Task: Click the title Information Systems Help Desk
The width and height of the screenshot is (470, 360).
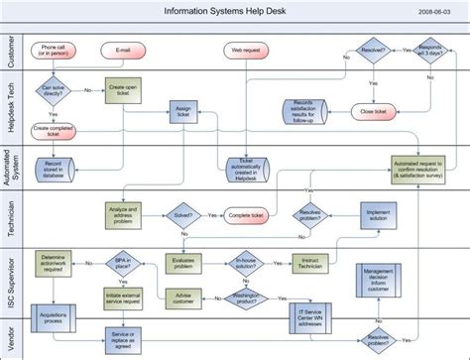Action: coord(234,11)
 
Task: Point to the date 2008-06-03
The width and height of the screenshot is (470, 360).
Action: coord(439,11)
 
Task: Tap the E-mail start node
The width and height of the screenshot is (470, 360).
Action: coord(123,49)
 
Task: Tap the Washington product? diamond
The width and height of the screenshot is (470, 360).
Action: coord(253,298)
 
